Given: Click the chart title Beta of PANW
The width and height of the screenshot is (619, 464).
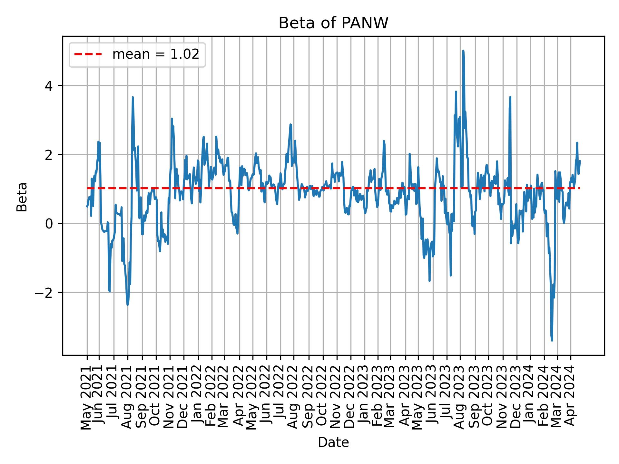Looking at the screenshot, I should [x=333, y=23].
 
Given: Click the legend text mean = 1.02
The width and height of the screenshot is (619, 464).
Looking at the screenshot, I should [x=155, y=54].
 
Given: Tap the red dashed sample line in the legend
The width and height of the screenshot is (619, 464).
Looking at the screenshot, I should [x=88, y=54].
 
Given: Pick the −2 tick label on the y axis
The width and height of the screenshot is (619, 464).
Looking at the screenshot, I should [x=45, y=293].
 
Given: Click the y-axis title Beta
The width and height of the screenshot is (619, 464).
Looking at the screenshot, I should [x=22, y=197].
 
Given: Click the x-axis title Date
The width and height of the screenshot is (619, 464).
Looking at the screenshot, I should [x=333, y=442].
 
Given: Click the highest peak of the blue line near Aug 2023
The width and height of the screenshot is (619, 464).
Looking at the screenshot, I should [x=463, y=51].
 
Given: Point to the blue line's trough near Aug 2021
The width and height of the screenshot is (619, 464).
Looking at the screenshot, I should [x=128, y=304].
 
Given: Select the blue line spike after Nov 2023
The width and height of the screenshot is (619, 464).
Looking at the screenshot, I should [x=510, y=97].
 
